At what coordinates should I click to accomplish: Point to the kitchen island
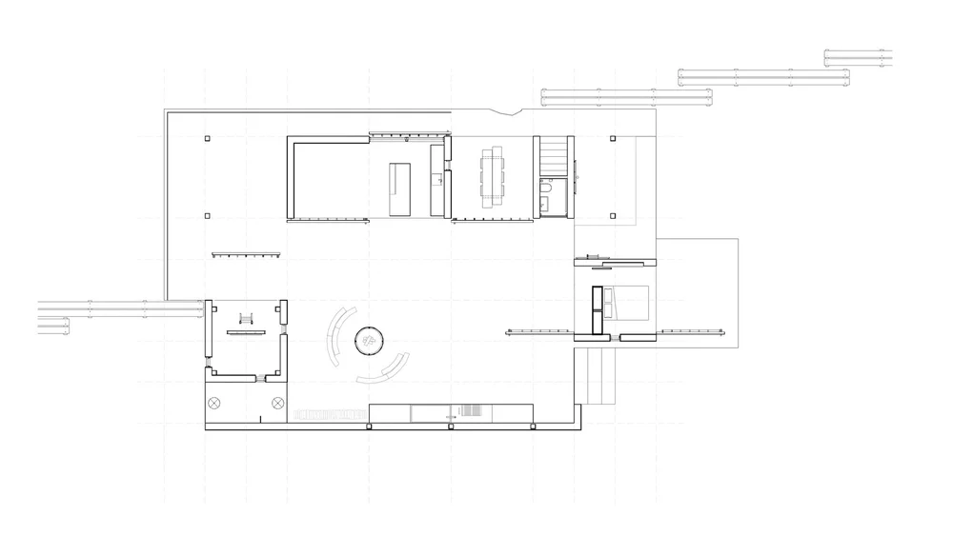[399, 189]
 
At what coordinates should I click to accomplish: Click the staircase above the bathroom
[553, 156]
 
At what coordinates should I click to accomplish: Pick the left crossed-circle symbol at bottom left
[214, 403]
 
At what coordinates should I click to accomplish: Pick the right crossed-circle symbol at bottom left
[278, 403]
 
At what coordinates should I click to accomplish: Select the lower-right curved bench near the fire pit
[386, 369]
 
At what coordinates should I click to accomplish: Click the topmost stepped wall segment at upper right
[858, 57]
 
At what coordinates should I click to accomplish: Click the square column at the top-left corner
[207, 139]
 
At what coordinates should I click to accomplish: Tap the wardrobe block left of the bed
[598, 311]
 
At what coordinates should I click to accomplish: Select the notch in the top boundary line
[515, 112]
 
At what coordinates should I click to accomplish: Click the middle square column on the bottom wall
[450, 427]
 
